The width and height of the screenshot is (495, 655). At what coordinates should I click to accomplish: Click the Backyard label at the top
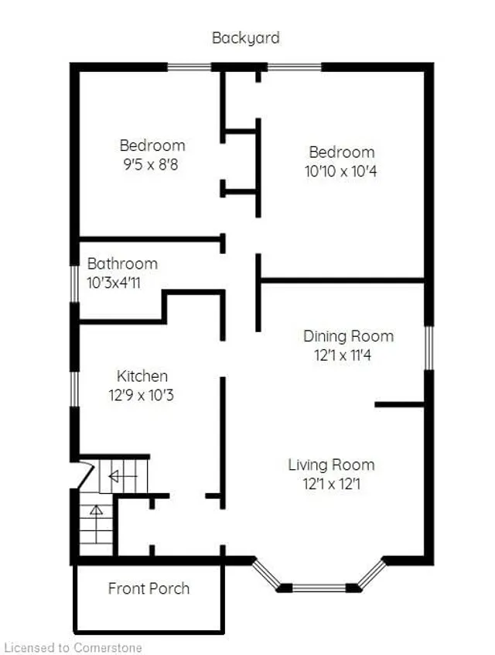tap(246, 37)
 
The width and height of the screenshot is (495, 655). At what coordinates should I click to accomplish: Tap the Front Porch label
tap(148, 588)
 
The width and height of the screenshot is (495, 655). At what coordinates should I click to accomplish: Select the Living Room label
tap(331, 465)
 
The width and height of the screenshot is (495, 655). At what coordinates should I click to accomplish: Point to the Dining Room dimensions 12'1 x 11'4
tap(348, 355)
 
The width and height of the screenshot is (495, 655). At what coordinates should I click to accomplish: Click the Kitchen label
tap(142, 376)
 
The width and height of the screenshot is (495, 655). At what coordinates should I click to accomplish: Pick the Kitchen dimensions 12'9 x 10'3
tap(142, 395)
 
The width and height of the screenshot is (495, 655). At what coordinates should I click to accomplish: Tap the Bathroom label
tap(122, 263)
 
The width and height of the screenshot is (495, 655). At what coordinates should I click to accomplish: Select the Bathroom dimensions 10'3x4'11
tap(114, 283)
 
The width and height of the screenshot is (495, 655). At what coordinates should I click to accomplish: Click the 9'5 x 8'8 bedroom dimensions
tap(152, 164)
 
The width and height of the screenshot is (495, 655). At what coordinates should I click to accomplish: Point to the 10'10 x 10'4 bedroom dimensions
tap(341, 171)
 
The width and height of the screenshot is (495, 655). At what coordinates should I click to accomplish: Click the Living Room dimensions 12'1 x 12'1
tap(331, 485)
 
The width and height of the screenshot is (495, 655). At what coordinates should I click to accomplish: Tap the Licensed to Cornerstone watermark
tap(73, 646)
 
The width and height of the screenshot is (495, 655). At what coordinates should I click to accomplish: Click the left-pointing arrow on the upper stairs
tap(114, 476)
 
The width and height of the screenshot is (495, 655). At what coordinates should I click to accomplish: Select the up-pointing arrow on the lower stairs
tap(97, 511)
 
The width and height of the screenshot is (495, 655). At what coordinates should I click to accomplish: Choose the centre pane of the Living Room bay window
tap(319, 588)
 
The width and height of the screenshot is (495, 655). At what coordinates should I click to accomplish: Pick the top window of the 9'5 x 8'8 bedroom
tap(189, 67)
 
